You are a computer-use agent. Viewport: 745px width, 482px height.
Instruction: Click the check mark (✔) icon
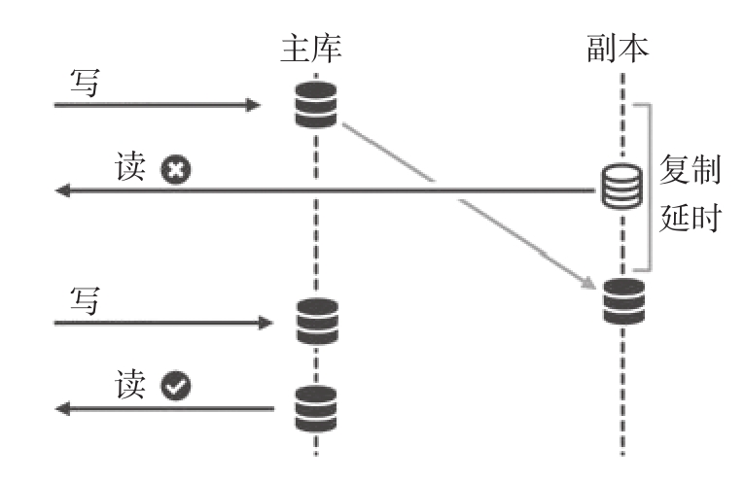(x=175, y=389)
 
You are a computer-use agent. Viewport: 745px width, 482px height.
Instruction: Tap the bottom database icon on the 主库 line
(x=316, y=408)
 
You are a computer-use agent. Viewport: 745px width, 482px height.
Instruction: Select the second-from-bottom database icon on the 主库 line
(x=316, y=321)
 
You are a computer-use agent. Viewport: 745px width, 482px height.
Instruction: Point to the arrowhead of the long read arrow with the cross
(x=60, y=191)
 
